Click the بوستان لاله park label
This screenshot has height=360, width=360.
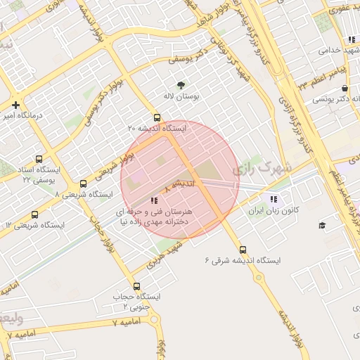182,96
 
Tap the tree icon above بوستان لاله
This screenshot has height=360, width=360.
182,84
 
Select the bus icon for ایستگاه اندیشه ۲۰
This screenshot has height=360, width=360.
156,118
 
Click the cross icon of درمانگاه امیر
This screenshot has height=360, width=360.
15,105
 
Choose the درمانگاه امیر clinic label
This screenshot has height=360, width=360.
20,115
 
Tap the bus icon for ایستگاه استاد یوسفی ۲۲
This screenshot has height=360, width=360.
37,159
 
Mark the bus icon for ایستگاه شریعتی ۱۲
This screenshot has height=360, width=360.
34,214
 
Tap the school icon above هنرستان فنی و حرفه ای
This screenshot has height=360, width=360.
155,200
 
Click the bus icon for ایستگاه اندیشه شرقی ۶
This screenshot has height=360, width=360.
243,250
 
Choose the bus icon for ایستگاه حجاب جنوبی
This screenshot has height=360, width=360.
136,286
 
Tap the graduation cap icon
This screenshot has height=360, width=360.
322,225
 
